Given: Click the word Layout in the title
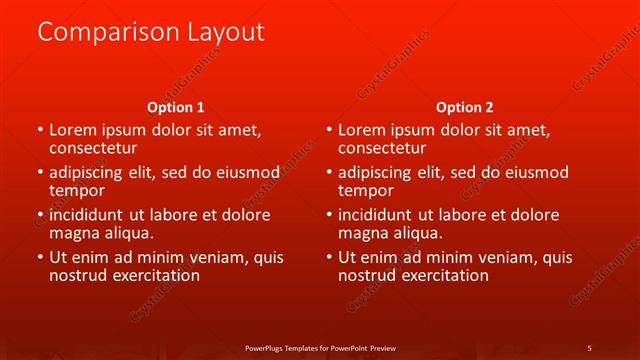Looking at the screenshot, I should coord(224,33).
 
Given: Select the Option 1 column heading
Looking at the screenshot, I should coord(176,107).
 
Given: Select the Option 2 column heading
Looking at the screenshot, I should coord(464,107).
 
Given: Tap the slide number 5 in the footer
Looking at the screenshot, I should coord(589,347).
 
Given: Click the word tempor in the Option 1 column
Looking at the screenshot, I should coord(77,190).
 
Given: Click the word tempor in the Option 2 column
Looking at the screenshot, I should coord(366,190).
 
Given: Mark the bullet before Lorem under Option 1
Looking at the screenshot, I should coord(39,130).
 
